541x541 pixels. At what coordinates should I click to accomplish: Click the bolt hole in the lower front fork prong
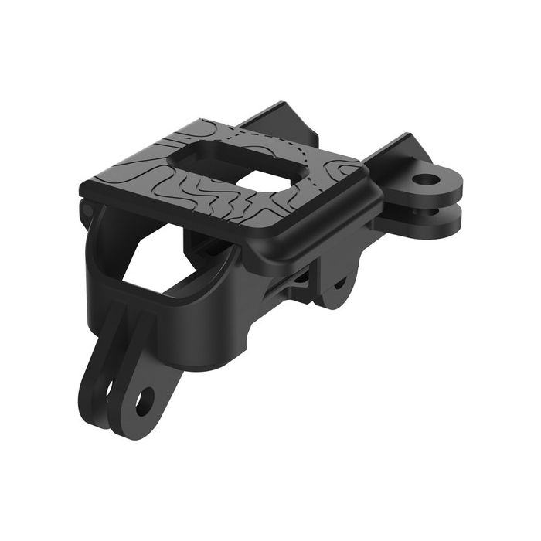145,400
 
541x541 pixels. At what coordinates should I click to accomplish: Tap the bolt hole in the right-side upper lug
425,180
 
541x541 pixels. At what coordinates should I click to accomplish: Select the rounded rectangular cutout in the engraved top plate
232,164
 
